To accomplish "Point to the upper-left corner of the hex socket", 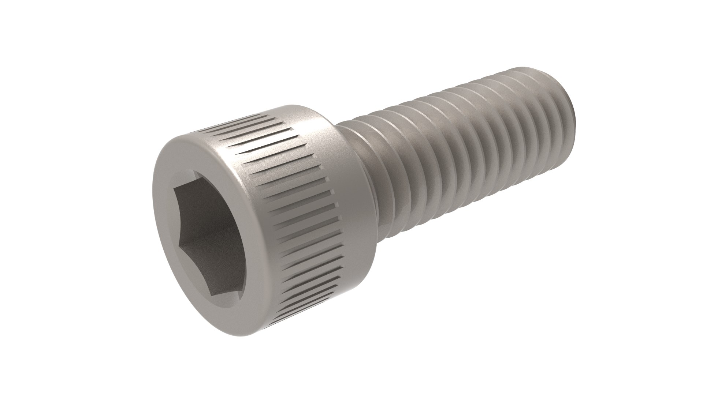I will pos(175,190).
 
